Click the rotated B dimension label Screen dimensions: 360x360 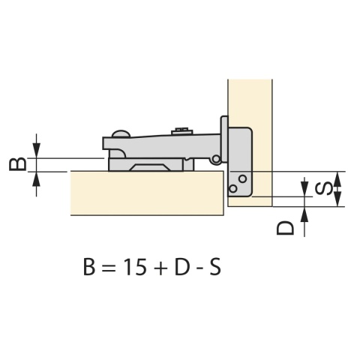click(x=17, y=163)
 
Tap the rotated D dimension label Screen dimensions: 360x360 click(x=285, y=228)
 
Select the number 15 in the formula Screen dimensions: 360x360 click(x=135, y=267)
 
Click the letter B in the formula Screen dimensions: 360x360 click(x=89, y=267)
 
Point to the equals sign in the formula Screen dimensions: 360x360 click(x=109, y=268)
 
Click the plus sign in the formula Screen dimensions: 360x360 click(x=160, y=268)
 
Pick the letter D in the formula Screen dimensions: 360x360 click(x=182, y=267)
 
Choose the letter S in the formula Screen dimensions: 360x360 click(x=215, y=267)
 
